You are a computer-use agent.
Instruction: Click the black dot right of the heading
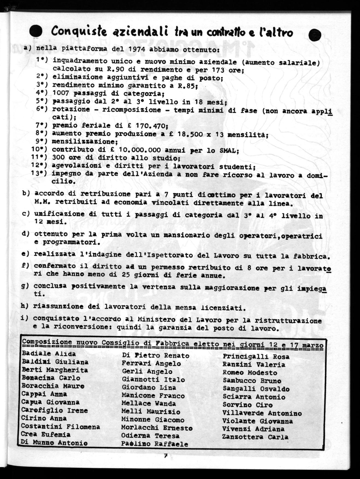pos(314,35)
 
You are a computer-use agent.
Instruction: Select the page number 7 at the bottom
pos(165,456)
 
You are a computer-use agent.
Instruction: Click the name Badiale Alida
pos(49,354)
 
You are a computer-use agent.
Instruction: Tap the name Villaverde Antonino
pos(262,413)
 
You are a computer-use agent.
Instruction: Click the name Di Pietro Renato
pos(156,356)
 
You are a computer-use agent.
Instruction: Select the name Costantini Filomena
pos(60,427)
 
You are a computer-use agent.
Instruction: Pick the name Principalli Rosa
pos(256,357)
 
